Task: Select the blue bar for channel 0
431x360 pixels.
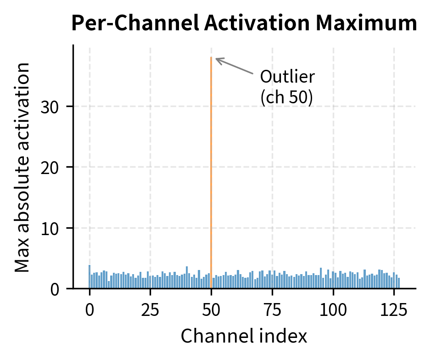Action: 90,277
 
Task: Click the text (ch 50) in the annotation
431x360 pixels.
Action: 286,98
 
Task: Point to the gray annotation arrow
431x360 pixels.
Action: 234,66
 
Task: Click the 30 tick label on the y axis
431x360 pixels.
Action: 51,107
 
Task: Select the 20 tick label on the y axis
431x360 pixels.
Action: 51,167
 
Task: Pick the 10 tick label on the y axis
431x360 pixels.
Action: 51,228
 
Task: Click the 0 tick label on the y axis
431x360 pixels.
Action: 56,289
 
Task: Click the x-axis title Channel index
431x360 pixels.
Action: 244,337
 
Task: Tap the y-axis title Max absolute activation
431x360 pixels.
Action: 22,167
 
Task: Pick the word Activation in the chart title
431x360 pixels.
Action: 242,23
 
